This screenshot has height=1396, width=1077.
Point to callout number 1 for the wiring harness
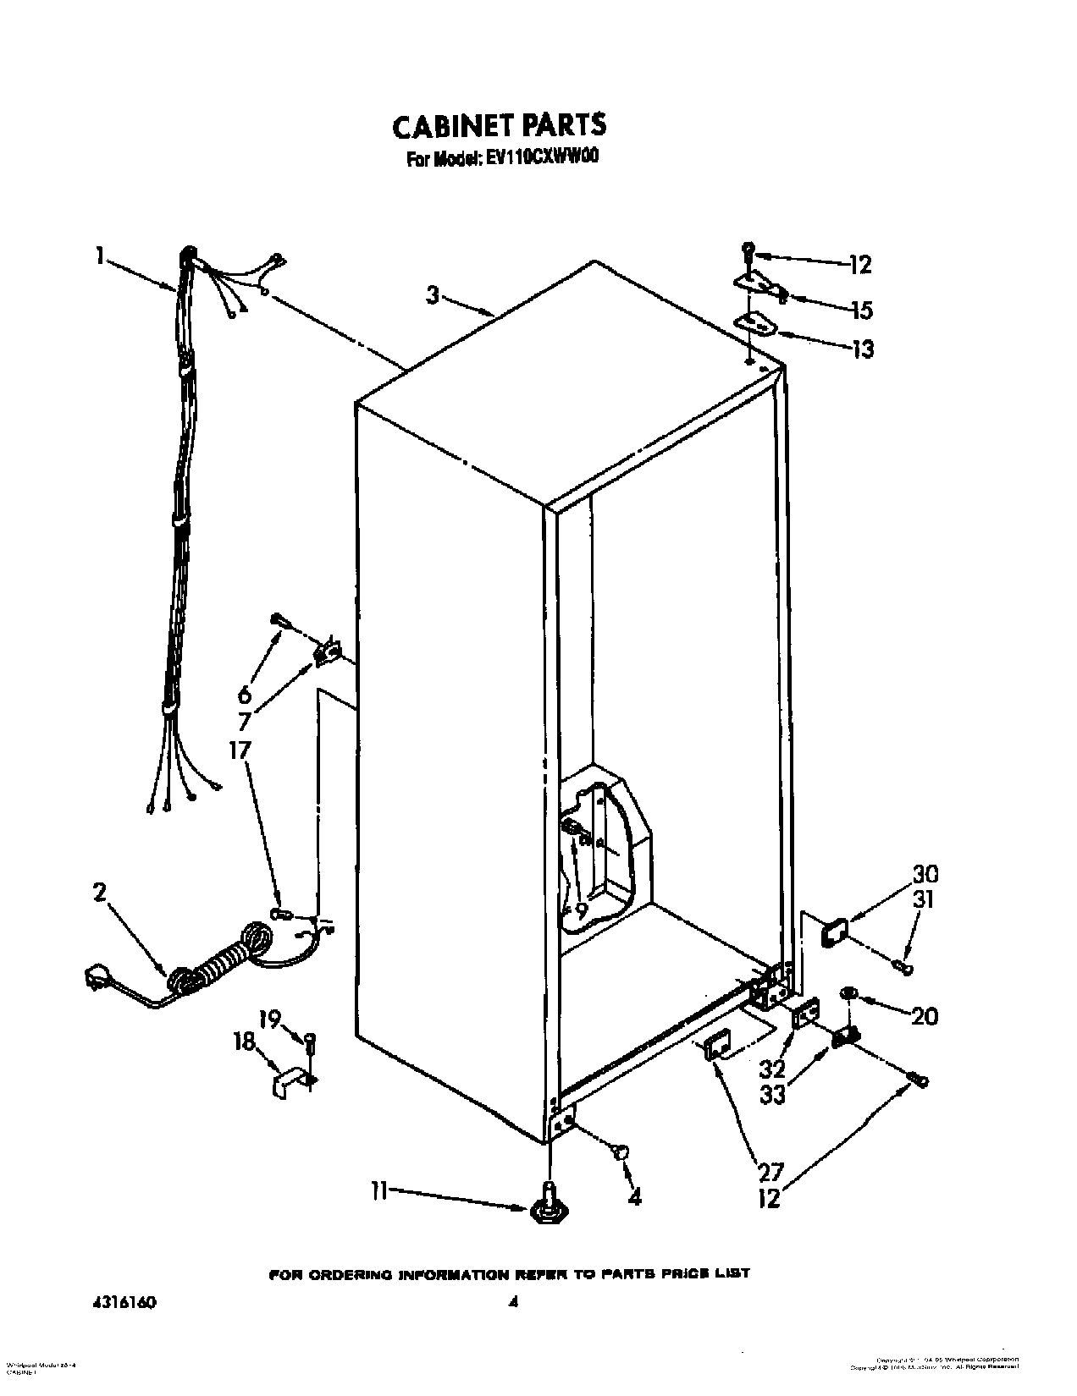point(100,255)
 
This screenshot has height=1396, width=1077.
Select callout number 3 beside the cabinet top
point(433,295)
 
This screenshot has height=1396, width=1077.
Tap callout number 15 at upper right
point(862,311)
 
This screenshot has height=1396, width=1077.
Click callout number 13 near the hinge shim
point(862,349)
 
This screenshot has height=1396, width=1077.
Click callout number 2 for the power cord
point(100,893)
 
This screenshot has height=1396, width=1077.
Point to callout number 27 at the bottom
point(771,1172)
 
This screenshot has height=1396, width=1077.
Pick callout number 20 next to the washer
point(924,1014)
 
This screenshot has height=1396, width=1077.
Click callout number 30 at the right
point(925,874)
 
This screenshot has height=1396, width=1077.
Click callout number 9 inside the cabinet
point(581,910)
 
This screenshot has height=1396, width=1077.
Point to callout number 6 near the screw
point(245,695)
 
